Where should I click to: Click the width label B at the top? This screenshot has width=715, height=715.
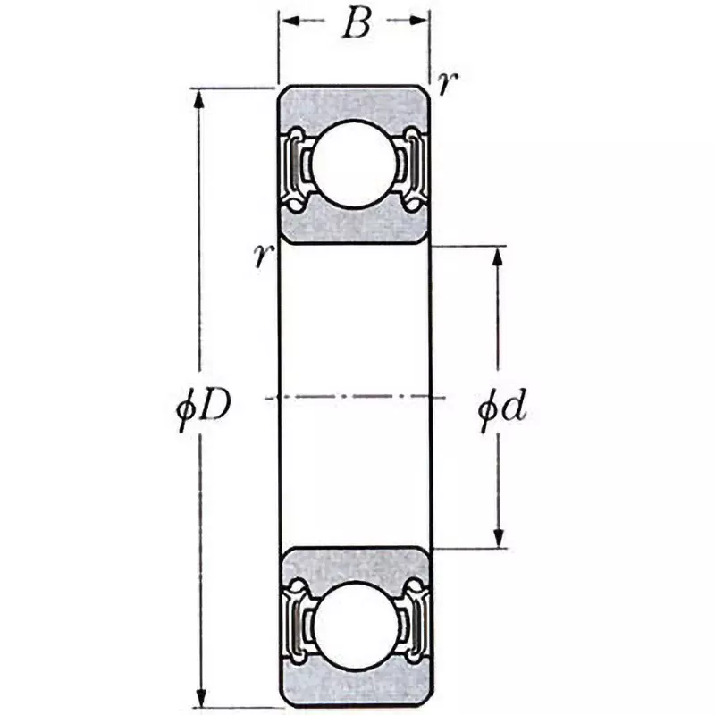click(x=355, y=25)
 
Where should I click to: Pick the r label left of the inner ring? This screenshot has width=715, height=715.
click(x=262, y=257)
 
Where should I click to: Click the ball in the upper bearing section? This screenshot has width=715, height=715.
click(x=355, y=164)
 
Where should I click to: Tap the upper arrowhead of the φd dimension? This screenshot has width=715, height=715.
click(x=499, y=256)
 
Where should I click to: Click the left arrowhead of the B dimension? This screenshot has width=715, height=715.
click(x=288, y=20)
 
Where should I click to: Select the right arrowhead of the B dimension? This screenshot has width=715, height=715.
click(x=421, y=20)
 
